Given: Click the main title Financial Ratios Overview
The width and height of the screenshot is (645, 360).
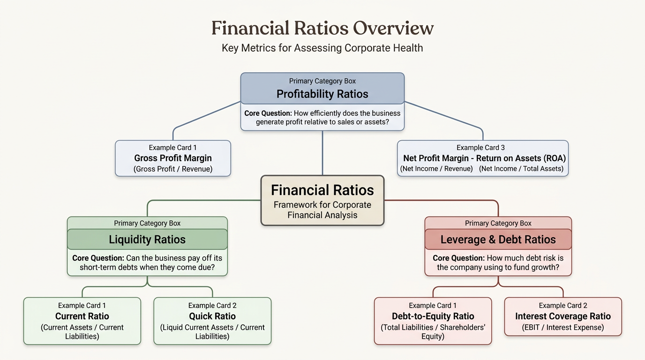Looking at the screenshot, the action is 322,28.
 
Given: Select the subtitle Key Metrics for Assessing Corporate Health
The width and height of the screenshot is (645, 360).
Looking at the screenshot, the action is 322,48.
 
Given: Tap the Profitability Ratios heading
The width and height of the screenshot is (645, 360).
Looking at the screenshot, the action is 322,94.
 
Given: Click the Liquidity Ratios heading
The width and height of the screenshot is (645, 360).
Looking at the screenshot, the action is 147,240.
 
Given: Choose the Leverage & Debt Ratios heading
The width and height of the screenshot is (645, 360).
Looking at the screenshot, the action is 498,240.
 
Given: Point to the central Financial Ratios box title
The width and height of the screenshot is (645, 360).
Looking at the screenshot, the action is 322,190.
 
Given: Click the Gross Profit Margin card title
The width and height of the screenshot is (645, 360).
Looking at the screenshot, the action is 173,158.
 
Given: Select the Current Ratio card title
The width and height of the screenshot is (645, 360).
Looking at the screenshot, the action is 82,316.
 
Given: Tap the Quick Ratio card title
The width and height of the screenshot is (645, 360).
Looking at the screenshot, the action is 212,316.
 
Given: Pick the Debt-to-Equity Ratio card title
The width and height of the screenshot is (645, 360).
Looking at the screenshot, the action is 433,316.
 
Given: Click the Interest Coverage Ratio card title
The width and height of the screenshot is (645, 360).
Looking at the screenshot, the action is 563,316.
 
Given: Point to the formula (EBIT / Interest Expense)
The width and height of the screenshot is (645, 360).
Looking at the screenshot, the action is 563,328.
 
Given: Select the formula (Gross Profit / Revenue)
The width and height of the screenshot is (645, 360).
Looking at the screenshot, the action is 173,169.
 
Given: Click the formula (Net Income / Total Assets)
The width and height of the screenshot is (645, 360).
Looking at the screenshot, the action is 521,168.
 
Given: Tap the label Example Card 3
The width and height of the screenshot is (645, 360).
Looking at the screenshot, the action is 480,148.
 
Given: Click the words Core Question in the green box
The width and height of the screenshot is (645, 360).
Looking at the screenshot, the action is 98,258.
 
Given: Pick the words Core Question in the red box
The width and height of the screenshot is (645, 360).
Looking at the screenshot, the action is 459,258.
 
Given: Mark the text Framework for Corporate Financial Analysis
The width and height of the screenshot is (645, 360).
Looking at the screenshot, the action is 322,210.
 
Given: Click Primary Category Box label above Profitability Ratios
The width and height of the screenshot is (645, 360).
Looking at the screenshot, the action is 322,81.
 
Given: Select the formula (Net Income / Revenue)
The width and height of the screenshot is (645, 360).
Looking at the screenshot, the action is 436,168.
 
